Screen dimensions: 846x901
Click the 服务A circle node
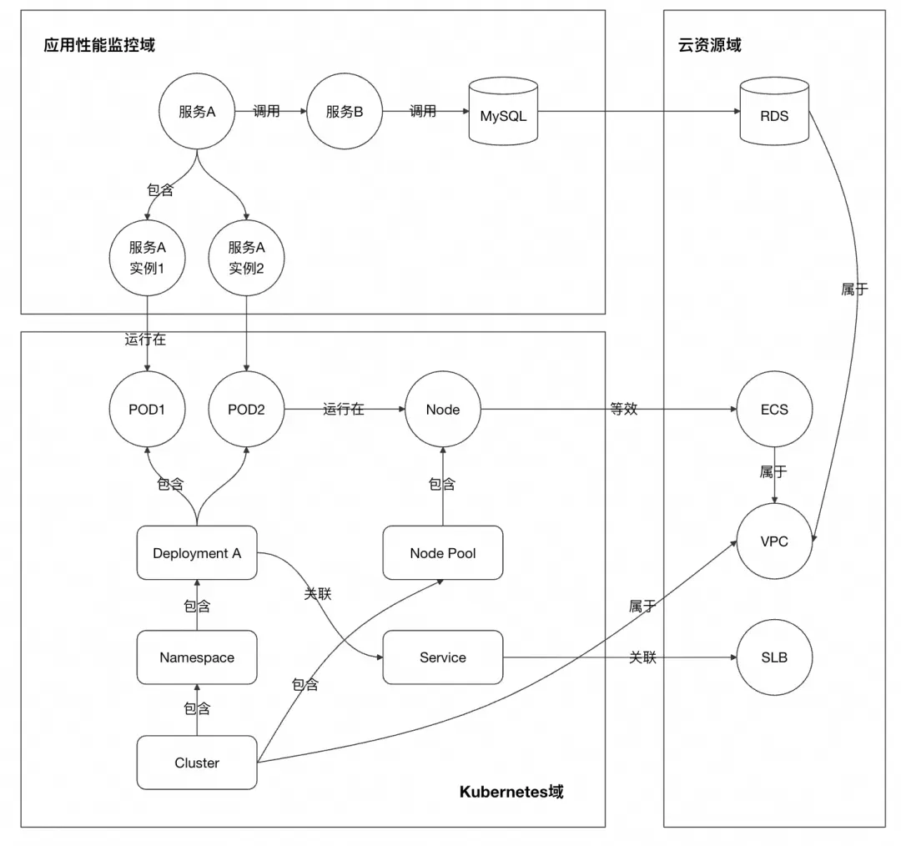(197, 112)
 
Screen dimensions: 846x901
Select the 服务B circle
(345, 112)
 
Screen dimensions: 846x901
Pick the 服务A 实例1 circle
(147, 258)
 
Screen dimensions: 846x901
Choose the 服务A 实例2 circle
(246, 258)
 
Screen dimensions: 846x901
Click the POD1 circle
(147, 410)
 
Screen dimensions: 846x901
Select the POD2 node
(246, 410)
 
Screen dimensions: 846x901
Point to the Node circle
(442, 410)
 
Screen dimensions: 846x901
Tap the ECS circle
(774, 410)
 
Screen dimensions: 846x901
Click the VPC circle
(774, 541)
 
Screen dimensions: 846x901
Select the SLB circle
(774, 657)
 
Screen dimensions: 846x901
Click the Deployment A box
(197, 553)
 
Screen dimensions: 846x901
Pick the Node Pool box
(443, 553)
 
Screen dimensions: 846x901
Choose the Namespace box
(197, 657)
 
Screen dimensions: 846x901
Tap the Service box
(443, 657)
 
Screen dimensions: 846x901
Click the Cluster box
(197, 763)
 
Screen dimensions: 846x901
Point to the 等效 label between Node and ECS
(624, 410)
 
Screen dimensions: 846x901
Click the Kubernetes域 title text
(511, 792)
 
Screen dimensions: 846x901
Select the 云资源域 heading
(709, 45)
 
